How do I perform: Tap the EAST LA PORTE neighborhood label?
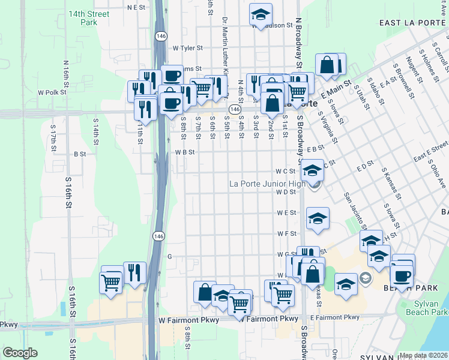click(x=414, y=23)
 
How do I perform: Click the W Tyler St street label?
click(x=188, y=48)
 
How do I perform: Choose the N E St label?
click(x=137, y=7)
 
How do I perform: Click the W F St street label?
click(x=287, y=233)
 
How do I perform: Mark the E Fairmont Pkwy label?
click(x=334, y=317)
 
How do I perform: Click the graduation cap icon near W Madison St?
click(x=261, y=14)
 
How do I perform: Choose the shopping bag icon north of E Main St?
click(x=327, y=65)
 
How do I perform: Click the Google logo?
click(x=20, y=353)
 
